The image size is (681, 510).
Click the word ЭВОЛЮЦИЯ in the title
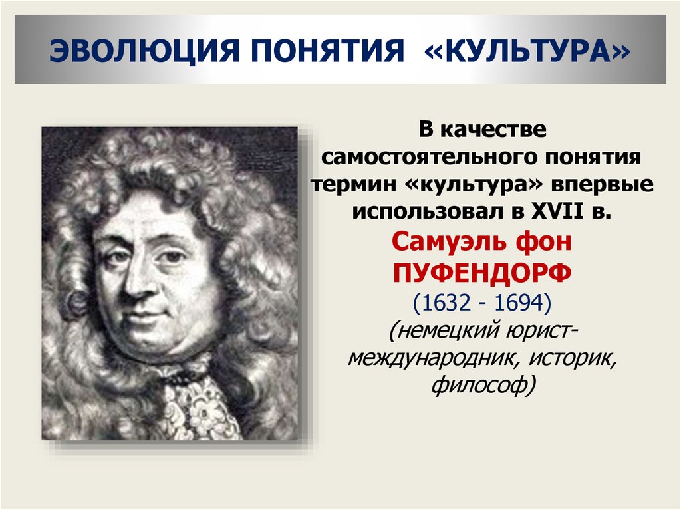pos(144,51)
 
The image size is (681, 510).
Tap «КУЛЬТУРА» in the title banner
pos(527,51)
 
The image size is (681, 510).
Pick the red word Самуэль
pos(449,241)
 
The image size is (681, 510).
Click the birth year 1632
pos(443,303)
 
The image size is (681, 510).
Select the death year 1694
pos(519,303)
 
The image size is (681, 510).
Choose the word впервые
pos(603,184)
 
